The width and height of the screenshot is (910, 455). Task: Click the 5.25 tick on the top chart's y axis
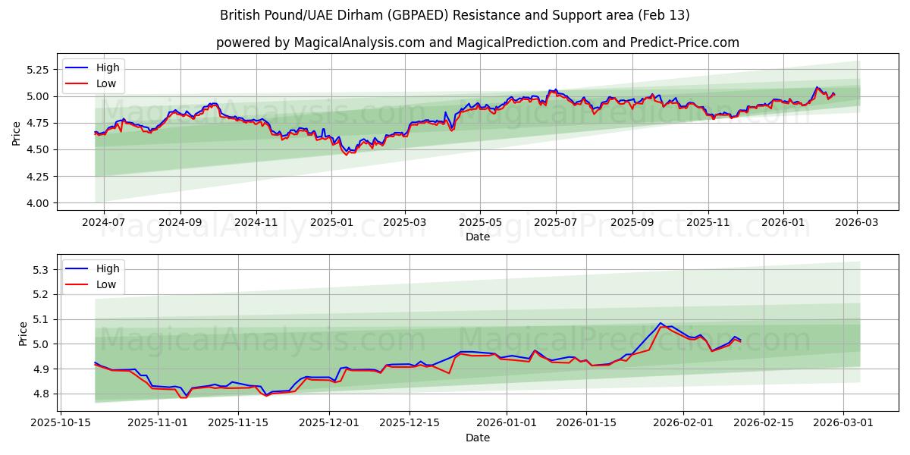coord(39,69)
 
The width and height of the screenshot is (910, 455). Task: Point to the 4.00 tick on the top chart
coord(39,203)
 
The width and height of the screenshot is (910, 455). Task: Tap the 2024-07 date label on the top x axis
coord(103,223)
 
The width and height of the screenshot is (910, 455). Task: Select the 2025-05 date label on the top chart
coord(479,223)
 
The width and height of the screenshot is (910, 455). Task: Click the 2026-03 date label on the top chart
coord(857,223)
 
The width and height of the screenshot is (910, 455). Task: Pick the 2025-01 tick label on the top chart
coord(331,223)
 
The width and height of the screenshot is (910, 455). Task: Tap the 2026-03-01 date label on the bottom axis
coord(844,424)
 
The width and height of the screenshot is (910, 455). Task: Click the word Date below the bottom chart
coord(478,438)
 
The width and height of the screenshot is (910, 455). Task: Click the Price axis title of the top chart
coord(17,133)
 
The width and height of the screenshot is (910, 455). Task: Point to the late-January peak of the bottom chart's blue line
coord(661,323)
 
